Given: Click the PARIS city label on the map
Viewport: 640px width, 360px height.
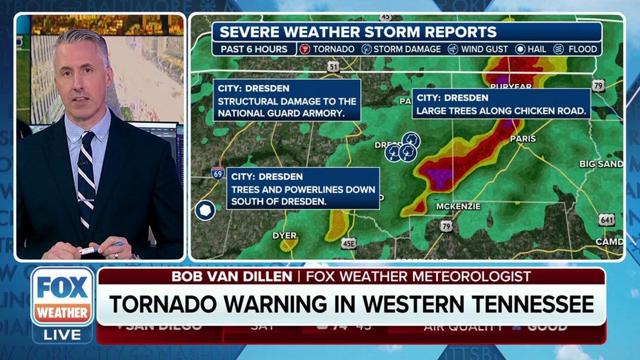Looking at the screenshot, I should pyautogui.click(x=523, y=138).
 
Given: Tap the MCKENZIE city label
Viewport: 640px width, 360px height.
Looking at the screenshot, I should pyautogui.click(x=459, y=206).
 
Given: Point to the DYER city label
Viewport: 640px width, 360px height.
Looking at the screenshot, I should pyautogui.click(x=284, y=235).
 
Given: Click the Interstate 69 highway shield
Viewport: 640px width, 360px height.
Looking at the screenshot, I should pyautogui.click(x=218, y=172).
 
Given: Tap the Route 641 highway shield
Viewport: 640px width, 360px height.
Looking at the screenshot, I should pyautogui.click(x=606, y=220).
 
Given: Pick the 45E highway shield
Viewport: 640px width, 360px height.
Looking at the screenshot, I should pyautogui.click(x=348, y=243).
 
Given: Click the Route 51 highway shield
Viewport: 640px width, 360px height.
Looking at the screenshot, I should pyautogui.click(x=333, y=66).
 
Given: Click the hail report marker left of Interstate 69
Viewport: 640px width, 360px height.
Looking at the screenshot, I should pyautogui.click(x=205, y=210).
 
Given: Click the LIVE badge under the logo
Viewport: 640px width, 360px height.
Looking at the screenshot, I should pyautogui.click(x=62, y=334).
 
